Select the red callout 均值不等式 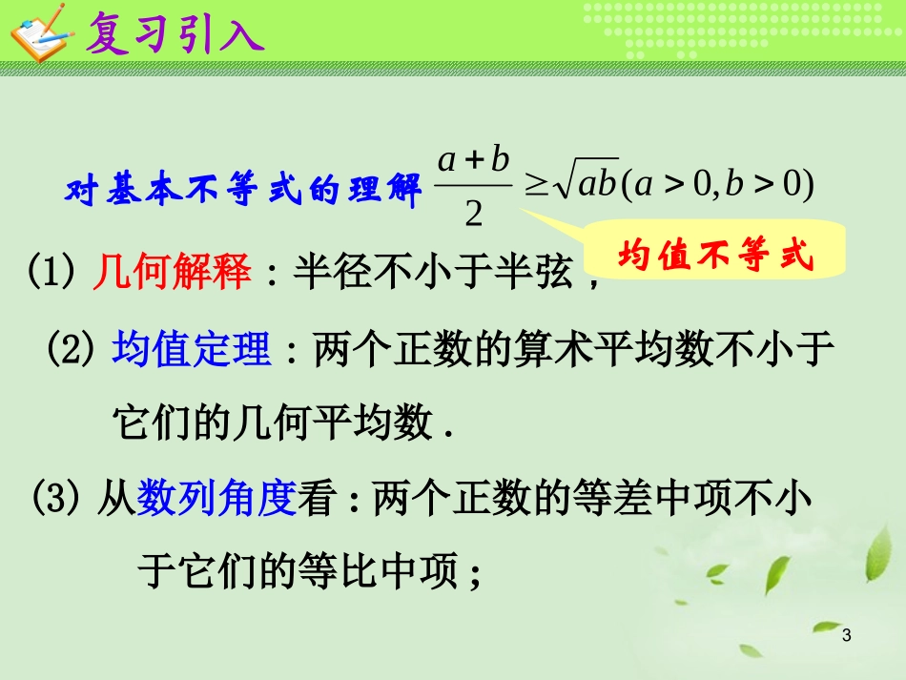[x=715, y=256]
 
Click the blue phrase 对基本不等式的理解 [x=243, y=191]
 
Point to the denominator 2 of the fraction [x=473, y=216]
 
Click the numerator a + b [x=474, y=160]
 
